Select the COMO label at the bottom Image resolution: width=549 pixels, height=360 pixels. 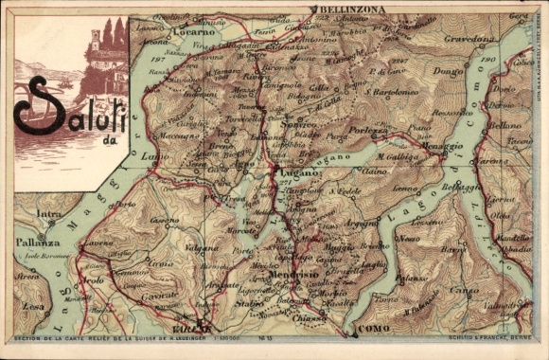click(373, 327)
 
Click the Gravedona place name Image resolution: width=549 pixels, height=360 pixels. click(469, 40)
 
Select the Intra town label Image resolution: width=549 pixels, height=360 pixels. click(48, 214)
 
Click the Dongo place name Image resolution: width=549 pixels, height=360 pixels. click(447, 70)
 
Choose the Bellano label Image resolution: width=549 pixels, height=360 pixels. click(506, 124)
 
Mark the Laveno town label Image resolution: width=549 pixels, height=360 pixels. click(98, 243)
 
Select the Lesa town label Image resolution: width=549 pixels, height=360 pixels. click(33, 306)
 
